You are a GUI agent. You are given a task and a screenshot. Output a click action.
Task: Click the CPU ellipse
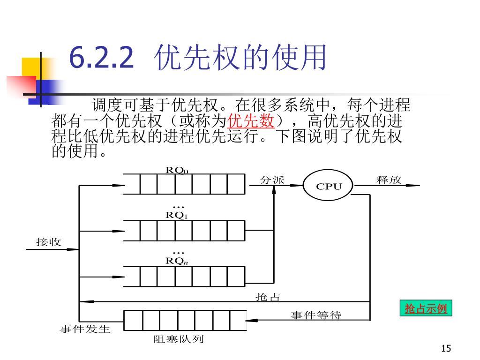(x=329, y=186)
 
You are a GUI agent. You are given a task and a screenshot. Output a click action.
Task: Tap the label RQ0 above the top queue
(x=177, y=170)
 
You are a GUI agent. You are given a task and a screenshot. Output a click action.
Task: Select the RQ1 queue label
(x=177, y=216)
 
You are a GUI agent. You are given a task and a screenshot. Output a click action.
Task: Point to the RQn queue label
(x=177, y=261)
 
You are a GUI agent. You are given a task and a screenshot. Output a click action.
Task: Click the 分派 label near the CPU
(x=272, y=180)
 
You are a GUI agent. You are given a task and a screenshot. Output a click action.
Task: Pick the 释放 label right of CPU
(x=389, y=180)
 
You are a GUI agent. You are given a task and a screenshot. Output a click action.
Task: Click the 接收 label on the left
(x=49, y=242)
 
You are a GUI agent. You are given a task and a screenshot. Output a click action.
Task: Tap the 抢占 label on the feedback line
(x=268, y=297)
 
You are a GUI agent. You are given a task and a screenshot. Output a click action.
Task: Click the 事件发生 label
(x=85, y=329)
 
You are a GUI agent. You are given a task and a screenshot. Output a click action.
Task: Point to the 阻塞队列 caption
(x=179, y=339)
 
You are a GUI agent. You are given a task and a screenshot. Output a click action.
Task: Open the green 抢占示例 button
(x=426, y=308)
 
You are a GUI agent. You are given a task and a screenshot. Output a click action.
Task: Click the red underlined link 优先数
(x=250, y=121)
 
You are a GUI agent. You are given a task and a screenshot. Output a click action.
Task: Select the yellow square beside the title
(x=30, y=67)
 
